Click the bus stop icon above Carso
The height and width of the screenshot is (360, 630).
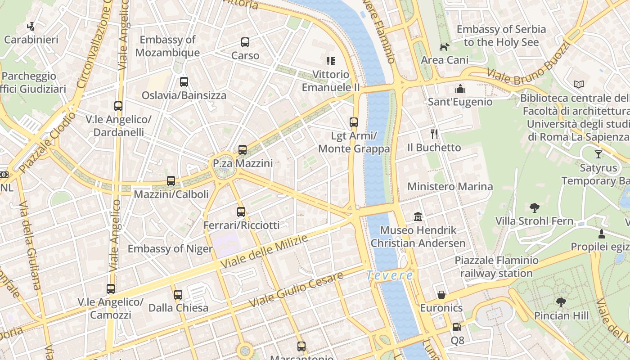[245, 42]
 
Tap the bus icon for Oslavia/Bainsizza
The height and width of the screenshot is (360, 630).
[184, 82]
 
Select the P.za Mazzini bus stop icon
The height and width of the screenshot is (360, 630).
[243, 150]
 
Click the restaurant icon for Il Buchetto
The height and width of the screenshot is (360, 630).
[434, 134]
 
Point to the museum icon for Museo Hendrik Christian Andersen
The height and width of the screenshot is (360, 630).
[418, 217]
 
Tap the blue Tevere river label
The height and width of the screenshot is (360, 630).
[389, 275]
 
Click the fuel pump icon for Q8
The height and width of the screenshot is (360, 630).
[457, 327]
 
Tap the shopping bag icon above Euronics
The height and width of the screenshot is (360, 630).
[441, 295]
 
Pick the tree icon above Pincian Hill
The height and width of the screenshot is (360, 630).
[561, 302]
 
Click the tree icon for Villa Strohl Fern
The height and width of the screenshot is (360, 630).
[535, 207]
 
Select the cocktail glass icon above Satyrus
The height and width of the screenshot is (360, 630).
[598, 154]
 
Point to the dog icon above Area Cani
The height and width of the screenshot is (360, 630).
[445, 46]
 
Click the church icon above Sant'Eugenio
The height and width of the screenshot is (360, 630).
[460, 88]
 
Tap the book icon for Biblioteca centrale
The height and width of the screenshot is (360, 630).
[579, 84]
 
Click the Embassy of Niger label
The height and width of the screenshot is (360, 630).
[170, 249]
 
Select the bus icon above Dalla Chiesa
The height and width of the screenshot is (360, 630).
[178, 295]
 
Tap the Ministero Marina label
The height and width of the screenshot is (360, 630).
[450, 186]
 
